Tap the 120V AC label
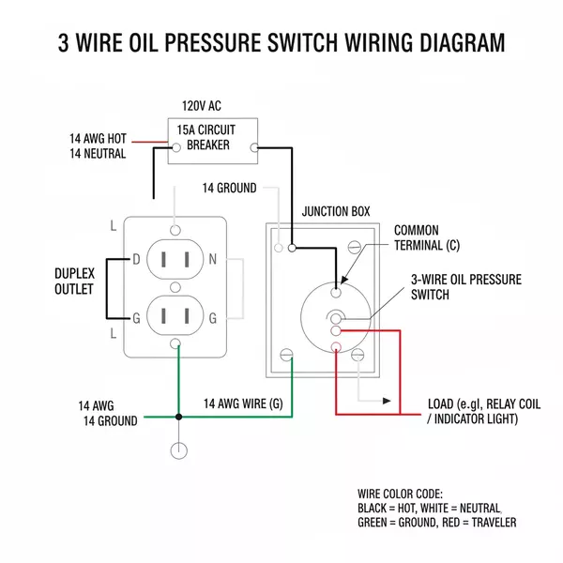tap(202, 106)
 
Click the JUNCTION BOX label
tap(335, 211)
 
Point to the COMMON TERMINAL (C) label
tap(427, 238)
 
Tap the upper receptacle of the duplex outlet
tap(175, 260)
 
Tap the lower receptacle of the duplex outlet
tap(175, 316)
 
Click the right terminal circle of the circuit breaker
tap(254, 147)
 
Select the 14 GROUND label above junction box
tap(229, 188)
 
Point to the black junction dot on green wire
tap(176, 417)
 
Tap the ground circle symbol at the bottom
tap(176, 451)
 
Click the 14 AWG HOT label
tap(98, 138)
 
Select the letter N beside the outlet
tap(213, 259)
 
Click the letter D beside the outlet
tap(136, 259)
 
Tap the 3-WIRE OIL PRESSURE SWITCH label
tap(465, 287)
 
